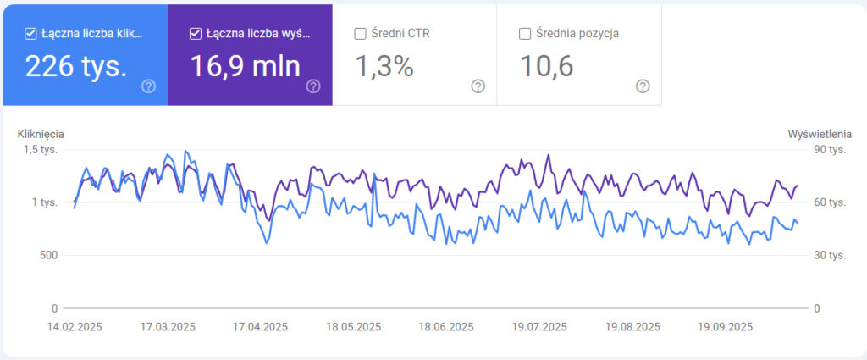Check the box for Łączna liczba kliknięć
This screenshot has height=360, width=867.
[31, 34]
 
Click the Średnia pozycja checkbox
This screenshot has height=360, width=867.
[525, 34]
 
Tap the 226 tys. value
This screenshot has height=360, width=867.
[76, 66]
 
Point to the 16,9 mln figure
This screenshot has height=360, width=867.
[245, 66]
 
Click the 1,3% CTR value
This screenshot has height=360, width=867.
[384, 66]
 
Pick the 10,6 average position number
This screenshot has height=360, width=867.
[546, 66]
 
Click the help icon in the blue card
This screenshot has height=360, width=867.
[149, 86]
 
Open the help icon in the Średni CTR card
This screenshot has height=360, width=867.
[478, 86]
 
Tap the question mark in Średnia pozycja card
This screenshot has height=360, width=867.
[643, 86]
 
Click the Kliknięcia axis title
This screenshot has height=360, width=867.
[41, 134]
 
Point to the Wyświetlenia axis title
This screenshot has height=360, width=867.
[819, 134]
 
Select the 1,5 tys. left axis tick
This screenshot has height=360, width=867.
[41, 150]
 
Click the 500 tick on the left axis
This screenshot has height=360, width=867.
[47, 255]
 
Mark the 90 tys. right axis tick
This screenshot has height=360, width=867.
[831, 150]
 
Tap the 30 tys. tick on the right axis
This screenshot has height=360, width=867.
[831, 255]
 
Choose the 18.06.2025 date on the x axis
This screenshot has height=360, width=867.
[446, 327]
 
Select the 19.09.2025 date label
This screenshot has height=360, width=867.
[725, 327]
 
